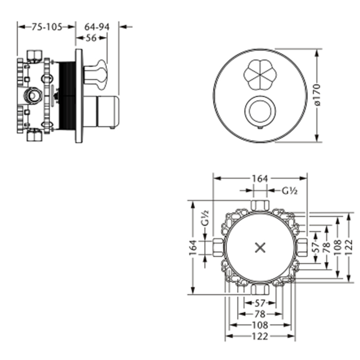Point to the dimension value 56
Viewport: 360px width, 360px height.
point(92,38)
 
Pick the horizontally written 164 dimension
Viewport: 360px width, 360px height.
point(260,178)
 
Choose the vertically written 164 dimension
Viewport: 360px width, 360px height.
point(193,248)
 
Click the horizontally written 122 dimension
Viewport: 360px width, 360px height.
point(260,336)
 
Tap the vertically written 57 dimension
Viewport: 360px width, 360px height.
point(316,247)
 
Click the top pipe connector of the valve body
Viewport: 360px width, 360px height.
point(260,206)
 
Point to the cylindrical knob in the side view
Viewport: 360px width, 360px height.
point(106,111)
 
